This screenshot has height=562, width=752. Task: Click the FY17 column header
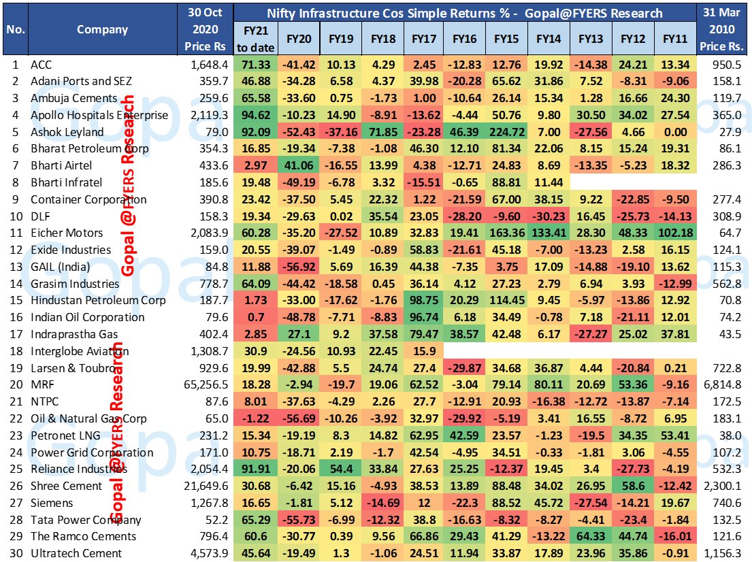click(x=423, y=39)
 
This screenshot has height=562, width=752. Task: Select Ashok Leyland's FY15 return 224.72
click(x=506, y=132)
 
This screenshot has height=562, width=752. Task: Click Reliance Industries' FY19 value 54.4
click(x=339, y=469)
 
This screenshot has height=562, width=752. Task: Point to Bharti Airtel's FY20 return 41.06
click(x=297, y=166)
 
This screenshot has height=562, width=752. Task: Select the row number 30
click(x=14, y=554)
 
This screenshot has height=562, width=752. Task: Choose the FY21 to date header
click(x=255, y=39)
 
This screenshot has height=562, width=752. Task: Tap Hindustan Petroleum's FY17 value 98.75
click(x=423, y=301)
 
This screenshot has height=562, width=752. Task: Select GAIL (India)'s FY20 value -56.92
click(x=297, y=267)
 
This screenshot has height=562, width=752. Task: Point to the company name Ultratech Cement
click(x=76, y=554)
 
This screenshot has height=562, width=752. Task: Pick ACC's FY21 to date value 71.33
click(x=255, y=65)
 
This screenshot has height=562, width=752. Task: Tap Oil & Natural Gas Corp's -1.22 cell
click(x=255, y=419)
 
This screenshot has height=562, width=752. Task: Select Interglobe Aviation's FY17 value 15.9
click(x=423, y=352)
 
